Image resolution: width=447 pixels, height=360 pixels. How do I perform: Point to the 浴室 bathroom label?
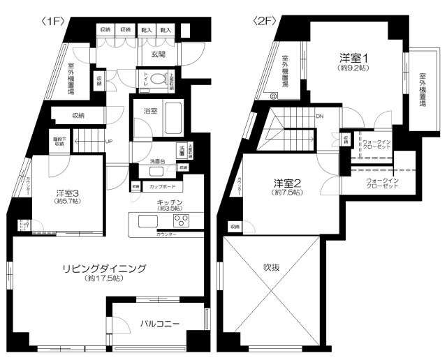tap(151, 110)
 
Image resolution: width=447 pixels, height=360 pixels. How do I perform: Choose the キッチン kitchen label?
tap(170, 201)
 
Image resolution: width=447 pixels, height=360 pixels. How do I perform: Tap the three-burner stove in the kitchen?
tap(182, 222)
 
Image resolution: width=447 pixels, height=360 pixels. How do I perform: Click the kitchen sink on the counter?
tap(148, 222)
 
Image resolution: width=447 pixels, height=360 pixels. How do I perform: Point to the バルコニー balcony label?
tap(160, 324)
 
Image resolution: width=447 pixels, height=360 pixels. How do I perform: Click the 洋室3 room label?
tap(68, 195)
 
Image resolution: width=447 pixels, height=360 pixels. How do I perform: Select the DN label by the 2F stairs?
tap(319, 117)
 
